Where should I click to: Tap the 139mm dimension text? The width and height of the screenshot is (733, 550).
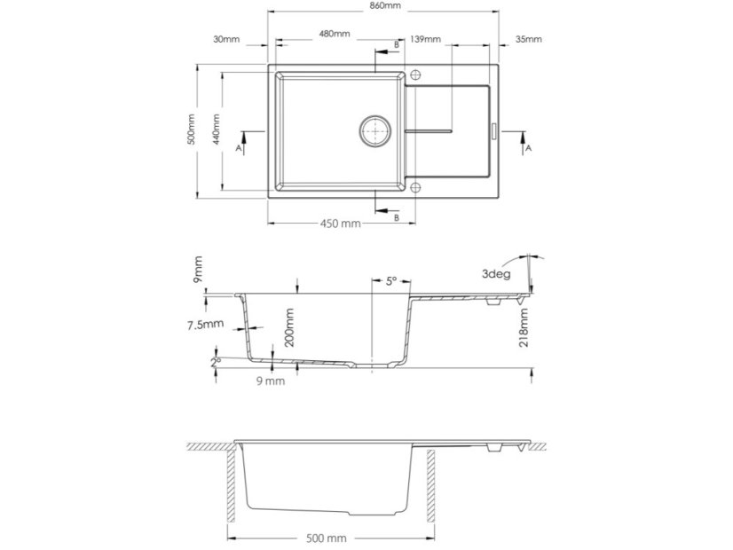(x=426, y=40)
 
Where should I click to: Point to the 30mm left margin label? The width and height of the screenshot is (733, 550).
(x=226, y=40)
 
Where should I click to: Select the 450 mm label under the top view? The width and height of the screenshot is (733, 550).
(x=340, y=224)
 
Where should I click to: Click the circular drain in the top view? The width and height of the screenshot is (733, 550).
(x=376, y=130)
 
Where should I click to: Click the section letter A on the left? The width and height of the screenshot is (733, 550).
(x=237, y=149)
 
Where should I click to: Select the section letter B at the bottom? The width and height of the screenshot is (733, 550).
(x=395, y=217)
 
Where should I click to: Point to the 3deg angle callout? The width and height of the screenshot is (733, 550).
(x=496, y=274)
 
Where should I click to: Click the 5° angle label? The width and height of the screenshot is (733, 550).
(x=390, y=281)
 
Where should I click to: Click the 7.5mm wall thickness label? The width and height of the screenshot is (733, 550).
(x=206, y=325)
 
